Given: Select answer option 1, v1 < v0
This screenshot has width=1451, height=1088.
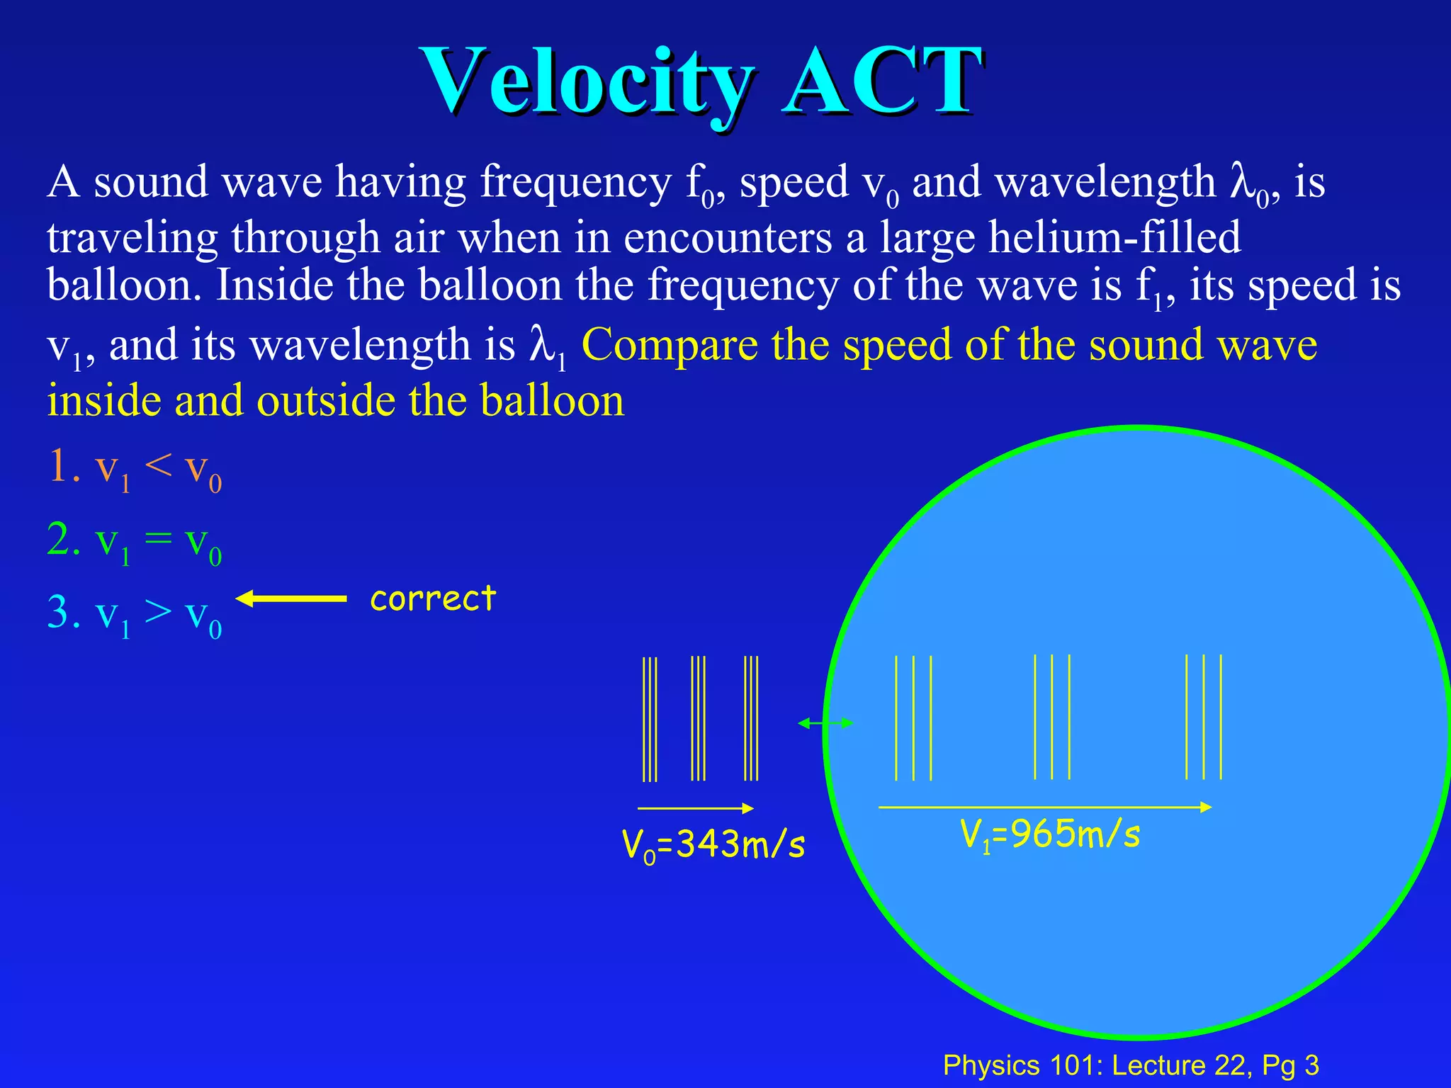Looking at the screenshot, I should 135,469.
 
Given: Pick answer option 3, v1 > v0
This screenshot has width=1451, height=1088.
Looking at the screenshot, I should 135,614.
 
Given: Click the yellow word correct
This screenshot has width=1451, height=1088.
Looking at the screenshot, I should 433,599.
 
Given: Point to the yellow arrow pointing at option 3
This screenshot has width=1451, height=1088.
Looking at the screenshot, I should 290,599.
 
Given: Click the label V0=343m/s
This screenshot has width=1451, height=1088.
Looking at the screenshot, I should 713,845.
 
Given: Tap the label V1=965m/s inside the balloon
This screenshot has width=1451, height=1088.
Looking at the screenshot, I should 1050,834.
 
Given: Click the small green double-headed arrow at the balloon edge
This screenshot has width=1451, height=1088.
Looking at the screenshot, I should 825,723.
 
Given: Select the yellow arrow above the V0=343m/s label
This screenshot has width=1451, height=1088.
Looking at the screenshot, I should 695,808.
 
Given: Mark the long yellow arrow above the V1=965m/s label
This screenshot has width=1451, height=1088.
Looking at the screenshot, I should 1045,807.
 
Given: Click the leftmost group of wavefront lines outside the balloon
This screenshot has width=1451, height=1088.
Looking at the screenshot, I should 650,719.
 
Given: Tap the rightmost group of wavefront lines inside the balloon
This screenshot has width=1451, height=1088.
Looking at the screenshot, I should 1204,717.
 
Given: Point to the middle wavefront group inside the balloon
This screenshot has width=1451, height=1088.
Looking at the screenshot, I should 1051,717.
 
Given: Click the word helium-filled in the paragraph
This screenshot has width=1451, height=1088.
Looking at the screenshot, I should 1114,237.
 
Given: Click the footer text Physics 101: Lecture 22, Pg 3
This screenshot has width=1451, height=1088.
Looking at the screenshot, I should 1131,1065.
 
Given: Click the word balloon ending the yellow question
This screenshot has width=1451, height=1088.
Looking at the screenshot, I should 552,401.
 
